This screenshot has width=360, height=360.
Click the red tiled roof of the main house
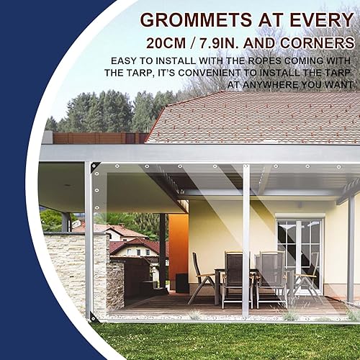(x=252, y=119)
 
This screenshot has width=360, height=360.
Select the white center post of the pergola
(x=246, y=238)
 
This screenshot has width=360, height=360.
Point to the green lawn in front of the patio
(x=216, y=338)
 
